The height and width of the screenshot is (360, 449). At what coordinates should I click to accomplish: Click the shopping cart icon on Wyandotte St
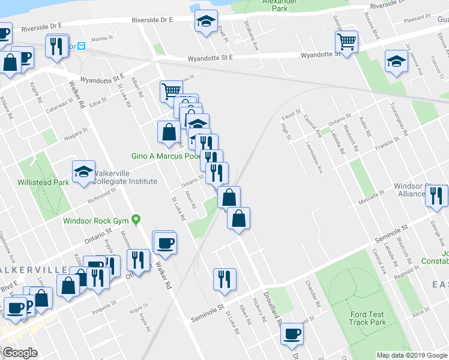click(347, 42)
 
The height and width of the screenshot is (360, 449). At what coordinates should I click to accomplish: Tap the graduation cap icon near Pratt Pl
click(206, 22)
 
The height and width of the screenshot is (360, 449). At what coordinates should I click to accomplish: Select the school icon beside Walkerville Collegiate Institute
click(83, 172)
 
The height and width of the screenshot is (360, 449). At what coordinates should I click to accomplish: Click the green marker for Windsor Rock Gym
click(136, 220)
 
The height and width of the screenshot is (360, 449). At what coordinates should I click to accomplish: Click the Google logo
click(20, 353)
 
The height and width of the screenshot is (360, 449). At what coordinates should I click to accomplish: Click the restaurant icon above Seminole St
click(224, 279)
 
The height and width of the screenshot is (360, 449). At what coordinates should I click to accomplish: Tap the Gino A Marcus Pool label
click(165, 156)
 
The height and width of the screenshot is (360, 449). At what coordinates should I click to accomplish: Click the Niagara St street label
click(76, 128)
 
